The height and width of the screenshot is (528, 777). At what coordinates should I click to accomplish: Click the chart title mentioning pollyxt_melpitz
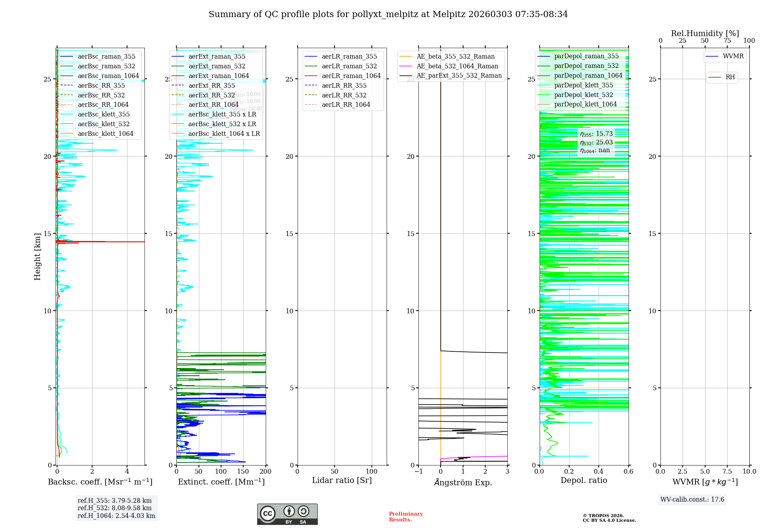pos(388,14)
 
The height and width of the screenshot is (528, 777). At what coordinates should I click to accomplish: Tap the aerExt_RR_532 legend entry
pos(211,95)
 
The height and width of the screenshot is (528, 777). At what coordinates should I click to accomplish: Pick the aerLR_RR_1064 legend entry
pos(346,104)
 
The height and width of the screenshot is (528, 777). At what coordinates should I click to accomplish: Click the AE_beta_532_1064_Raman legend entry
pos(457,66)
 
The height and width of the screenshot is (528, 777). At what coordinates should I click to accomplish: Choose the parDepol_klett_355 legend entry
pos(584,85)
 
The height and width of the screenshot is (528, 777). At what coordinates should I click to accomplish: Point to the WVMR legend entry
pos(733,56)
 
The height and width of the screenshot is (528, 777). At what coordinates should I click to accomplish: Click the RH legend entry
pos(730,77)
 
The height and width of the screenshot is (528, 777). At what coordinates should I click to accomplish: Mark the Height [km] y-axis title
pos(37,256)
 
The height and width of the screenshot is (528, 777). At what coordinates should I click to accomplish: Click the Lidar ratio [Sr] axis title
pos(342,480)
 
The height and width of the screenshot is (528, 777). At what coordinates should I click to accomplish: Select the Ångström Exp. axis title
pos(463,482)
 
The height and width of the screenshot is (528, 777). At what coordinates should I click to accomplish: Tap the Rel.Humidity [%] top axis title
pos(705,33)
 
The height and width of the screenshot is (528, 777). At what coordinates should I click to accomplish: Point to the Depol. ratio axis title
pos(584,480)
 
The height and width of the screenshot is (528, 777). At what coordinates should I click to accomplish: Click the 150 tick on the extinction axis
pos(243,471)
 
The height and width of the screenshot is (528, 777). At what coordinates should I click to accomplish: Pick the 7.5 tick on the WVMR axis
pos(727,471)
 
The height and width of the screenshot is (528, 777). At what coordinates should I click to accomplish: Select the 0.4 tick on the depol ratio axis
pos(599,471)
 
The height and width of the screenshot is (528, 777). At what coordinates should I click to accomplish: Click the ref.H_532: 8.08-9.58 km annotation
pos(115,508)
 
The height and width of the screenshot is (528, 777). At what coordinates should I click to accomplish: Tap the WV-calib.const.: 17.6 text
pos(692,499)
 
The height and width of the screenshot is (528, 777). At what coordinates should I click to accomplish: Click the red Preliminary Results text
pos(406,516)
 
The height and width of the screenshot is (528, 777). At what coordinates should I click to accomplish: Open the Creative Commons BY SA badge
pos(287,514)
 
